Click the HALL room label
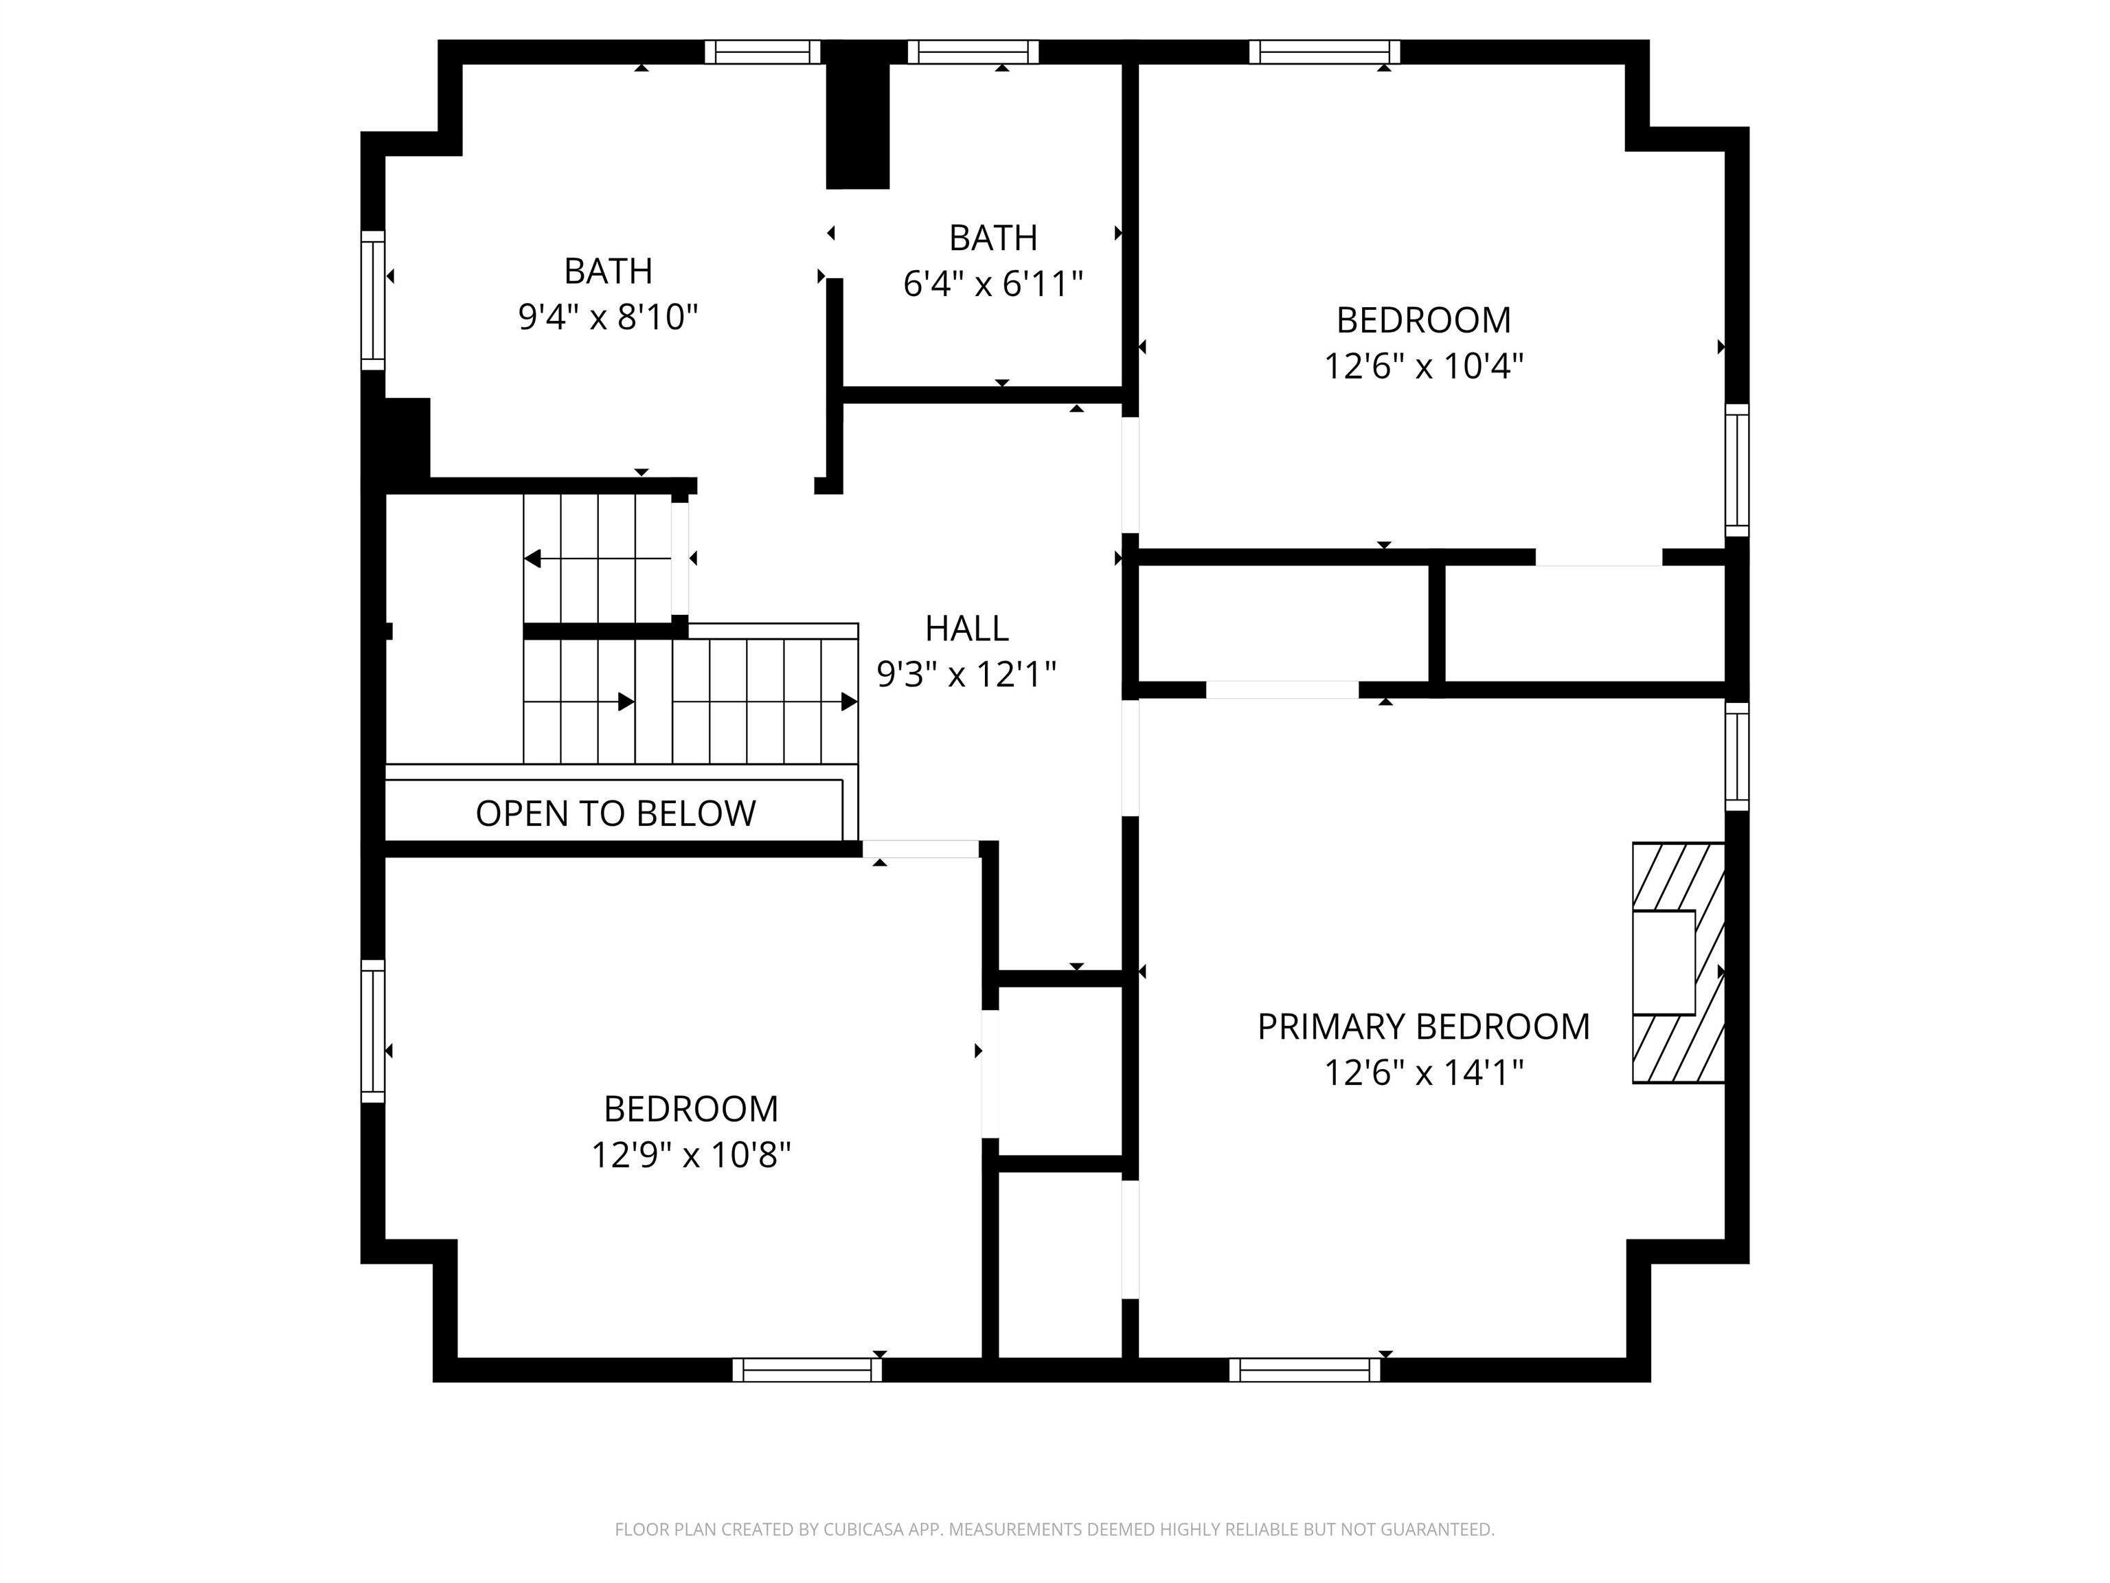tap(966, 628)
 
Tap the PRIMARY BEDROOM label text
tap(1423, 1026)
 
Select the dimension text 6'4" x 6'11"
tap(993, 283)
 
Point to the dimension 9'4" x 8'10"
tap(608, 317)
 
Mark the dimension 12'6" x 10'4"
tap(1423, 366)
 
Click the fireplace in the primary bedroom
tap(1679, 963)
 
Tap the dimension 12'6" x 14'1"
tap(1423, 1073)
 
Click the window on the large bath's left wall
tap(372, 300)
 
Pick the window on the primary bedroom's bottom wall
tap(1304, 1369)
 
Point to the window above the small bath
tap(973, 52)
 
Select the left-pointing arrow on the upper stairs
tap(597, 558)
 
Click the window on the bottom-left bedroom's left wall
tap(372, 1031)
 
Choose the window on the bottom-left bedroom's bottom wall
tap(807, 1369)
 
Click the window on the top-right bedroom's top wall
tap(1324, 52)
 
